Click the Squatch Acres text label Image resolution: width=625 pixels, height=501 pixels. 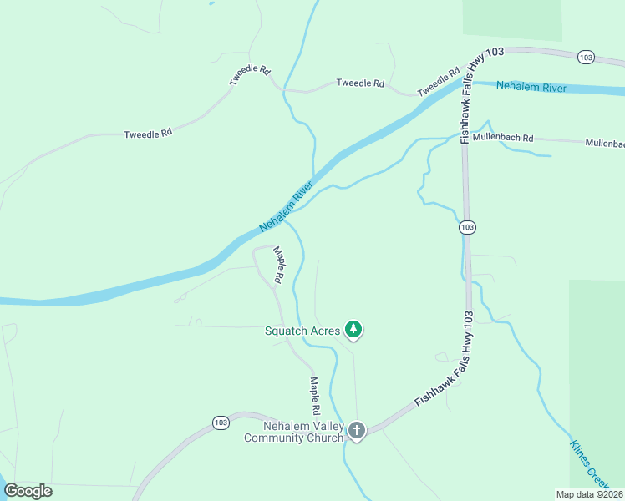click(302, 331)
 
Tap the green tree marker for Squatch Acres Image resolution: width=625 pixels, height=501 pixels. click(354, 331)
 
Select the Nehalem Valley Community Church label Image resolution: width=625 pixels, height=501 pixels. click(292, 431)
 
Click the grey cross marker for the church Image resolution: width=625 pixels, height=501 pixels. click(357, 431)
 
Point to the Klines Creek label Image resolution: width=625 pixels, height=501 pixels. click(591, 463)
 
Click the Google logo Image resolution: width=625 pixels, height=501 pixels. click(28, 491)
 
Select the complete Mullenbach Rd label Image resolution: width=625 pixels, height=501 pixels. click(502, 137)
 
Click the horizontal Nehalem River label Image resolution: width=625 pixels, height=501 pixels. click(531, 87)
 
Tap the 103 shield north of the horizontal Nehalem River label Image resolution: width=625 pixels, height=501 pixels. click(586, 58)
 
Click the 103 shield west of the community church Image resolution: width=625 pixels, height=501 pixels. click(221, 423)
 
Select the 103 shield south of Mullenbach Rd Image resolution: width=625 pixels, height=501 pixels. click(467, 227)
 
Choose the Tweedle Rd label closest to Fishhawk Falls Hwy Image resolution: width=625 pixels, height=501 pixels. click(440, 81)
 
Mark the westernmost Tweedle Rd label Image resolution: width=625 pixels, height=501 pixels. click(148, 134)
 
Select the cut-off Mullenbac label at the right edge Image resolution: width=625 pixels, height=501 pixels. click(605, 144)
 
